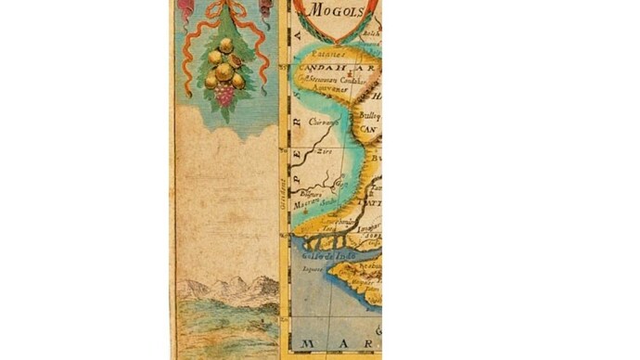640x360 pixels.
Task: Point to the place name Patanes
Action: pyautogui.click(x=324, y=57)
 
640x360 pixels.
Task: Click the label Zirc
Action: pyautogui.click(x=324, y=149)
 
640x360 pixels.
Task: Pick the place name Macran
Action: pyautogui.click(x=307, y=200)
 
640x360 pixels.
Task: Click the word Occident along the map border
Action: pyautogui.click(x=287, y=191)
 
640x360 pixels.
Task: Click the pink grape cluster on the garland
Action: pyautogui.click(x=224, y=93)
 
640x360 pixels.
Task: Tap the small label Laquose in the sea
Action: pyautogui.click(x=312, y=268)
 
